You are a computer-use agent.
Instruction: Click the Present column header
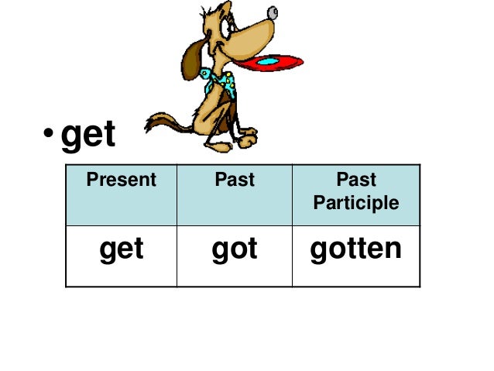click(x=121, y=180)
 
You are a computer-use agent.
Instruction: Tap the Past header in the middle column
click(x=235, y=180)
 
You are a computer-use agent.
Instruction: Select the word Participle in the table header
click(x=356, y=203)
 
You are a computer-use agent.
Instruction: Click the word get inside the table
click(x=122, y=249)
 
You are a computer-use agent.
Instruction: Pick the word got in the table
click(x=235, y=249)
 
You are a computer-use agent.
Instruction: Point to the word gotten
click(x=356, y=249)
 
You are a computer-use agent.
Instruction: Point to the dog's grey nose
click(x=272, y=12)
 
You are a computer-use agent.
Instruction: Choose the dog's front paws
click(x=245, y=139)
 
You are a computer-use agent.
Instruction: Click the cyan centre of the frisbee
click(x=267, y=61)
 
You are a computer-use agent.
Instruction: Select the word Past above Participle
click(x=356, y=180)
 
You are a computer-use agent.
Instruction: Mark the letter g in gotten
click(x=318, y=251)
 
